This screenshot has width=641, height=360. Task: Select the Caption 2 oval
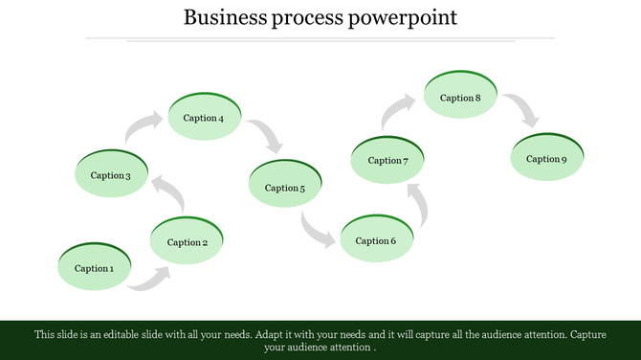tap(188, 241)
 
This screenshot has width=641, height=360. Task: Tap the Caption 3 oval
tap(110, 174)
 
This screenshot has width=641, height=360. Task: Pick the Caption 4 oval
tap(204, 118)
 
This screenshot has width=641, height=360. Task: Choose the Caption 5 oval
tap(285, 187)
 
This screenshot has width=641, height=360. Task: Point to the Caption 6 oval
tap(376, 239)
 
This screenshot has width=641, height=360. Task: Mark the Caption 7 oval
tap(387, 160)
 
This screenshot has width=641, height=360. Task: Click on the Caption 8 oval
tap(460, 97)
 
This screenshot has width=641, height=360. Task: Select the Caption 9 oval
tap(546, 158)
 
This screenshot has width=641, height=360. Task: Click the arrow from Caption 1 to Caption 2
tap(150, 280)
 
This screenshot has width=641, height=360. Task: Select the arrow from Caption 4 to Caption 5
tap(267, 137)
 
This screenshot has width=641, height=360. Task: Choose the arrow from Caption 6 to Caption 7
tap(416, 205)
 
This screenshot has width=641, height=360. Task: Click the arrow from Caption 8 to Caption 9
tap(522, 110)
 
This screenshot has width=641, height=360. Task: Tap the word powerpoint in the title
tap(406, 17)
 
